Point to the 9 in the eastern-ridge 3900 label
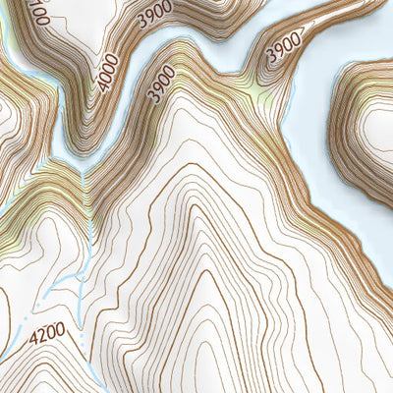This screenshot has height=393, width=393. coord(278,55)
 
